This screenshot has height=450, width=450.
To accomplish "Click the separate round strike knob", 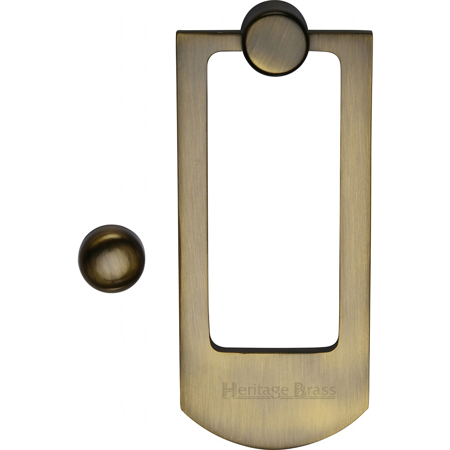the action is click(112, 259).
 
